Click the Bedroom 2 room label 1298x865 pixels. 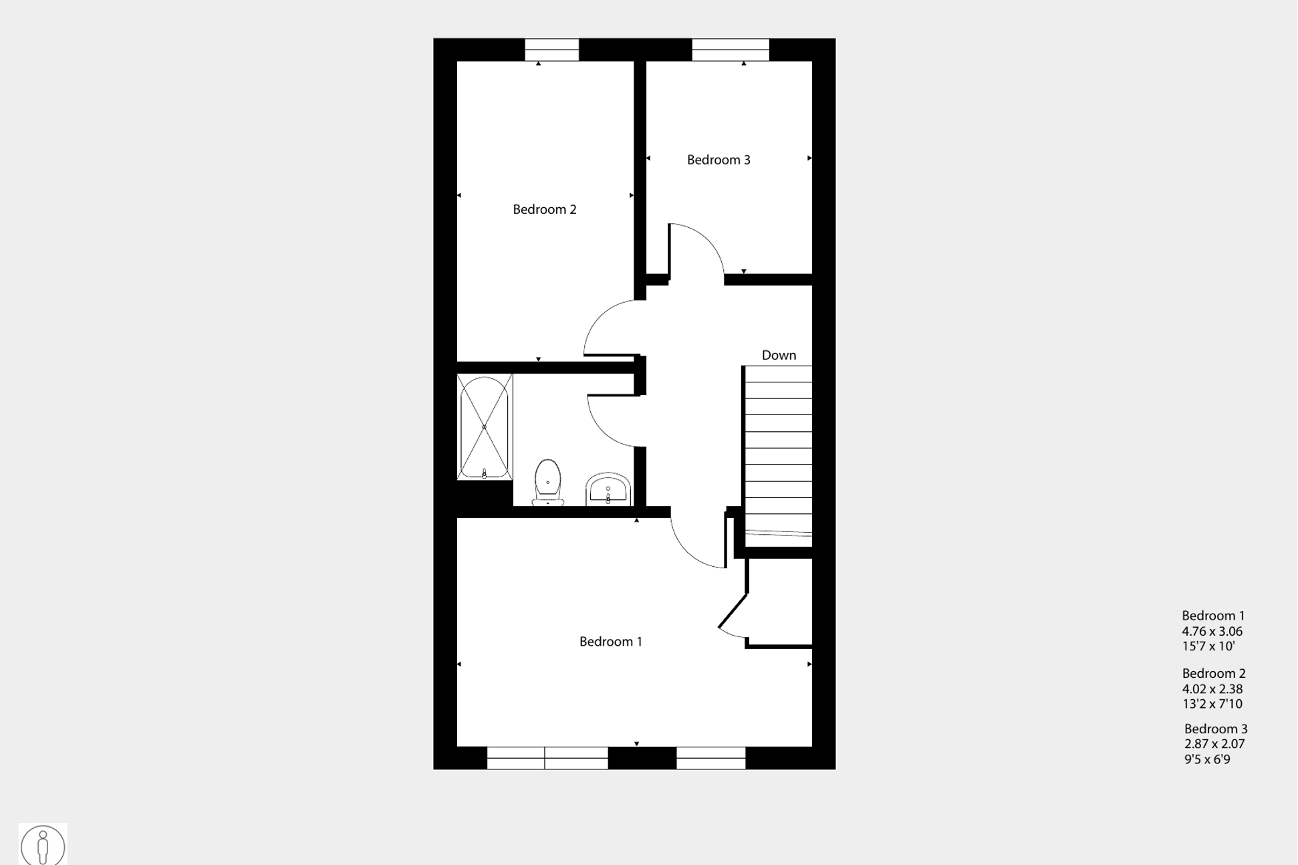coord(544,209)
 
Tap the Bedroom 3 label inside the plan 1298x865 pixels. coord(719,160)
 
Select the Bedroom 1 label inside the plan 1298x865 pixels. coord(610,642)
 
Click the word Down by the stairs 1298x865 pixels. coord(779,355)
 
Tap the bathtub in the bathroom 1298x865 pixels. coord(485,427)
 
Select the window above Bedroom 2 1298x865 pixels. coord(551,50)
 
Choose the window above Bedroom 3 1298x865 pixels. coord(730,50)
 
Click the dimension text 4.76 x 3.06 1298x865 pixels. coord(1212,631)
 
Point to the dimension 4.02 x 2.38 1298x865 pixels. coord(1212,689)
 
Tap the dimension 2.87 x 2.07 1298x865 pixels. coord(1214,743)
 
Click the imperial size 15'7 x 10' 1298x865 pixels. coord(1208,646)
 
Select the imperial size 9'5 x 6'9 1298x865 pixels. coord(1206,759)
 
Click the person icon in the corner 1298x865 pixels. coord(43,845)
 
